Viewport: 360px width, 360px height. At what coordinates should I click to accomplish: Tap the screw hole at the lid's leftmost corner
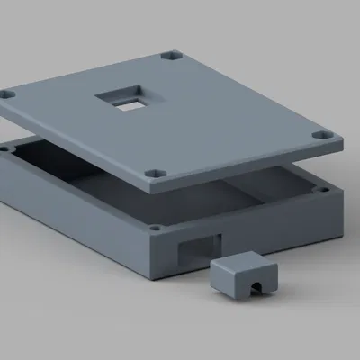(x=8, y=93)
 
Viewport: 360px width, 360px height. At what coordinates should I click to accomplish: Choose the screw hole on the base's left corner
(x=7, y=147)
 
